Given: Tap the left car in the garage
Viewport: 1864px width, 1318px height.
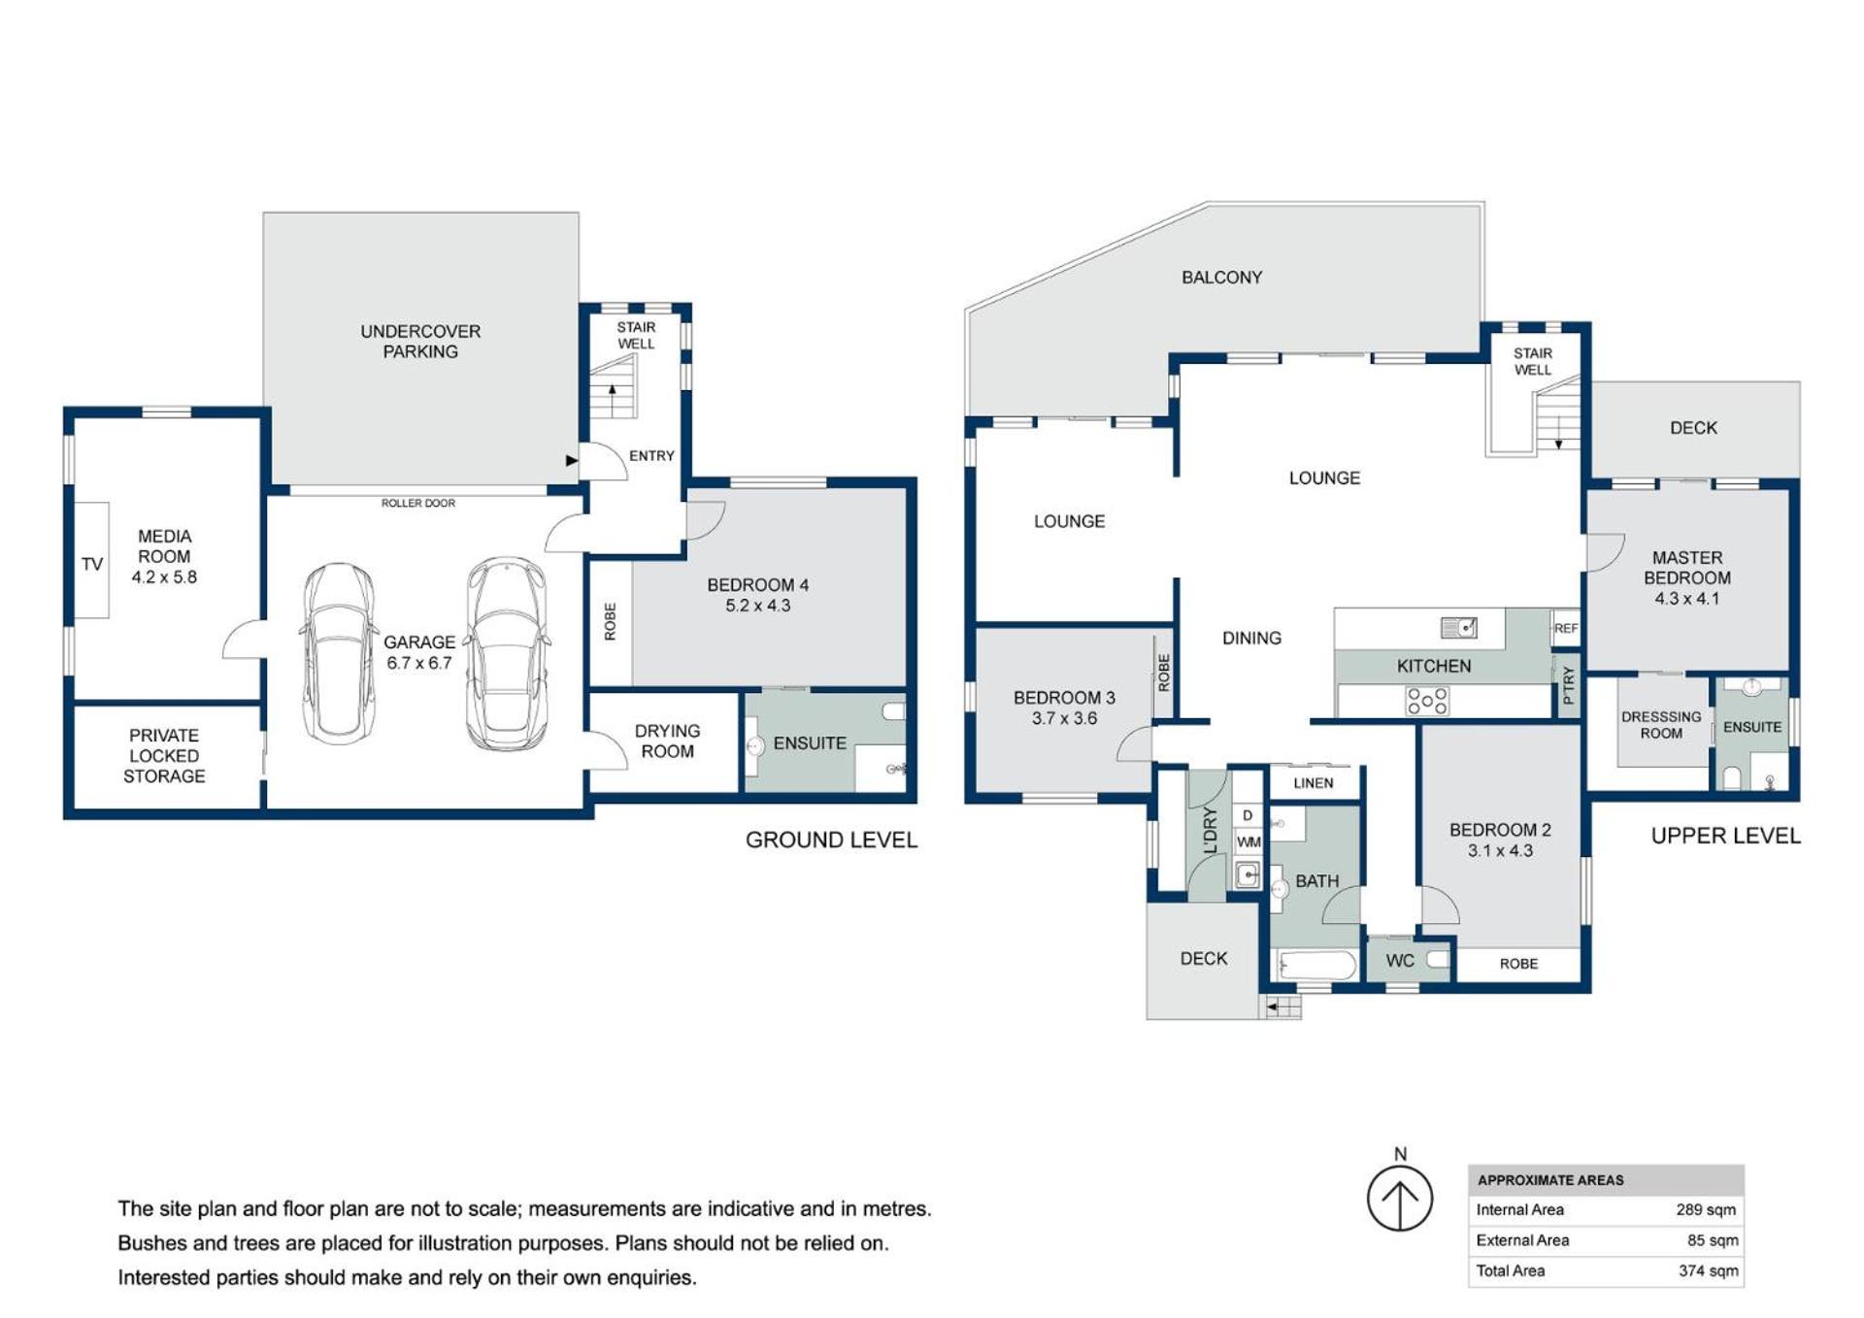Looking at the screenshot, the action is click(x=339, y=654).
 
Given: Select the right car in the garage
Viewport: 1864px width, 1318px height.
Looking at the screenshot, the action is click(x=507, y=654).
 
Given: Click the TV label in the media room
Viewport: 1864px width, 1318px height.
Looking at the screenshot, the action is click(x=92, y=564).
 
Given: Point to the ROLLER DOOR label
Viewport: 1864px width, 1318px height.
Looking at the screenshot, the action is click(x=418, y=503).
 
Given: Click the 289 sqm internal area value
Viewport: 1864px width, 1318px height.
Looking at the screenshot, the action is click(x=1706, y=1210).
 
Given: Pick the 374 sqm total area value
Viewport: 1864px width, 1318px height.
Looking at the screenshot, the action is click(x=1709, y=1271).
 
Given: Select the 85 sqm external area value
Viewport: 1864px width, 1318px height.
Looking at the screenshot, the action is click(x=1713, y=1240).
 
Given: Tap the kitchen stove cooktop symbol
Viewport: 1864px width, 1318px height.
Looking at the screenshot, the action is click(x=1427, y=701).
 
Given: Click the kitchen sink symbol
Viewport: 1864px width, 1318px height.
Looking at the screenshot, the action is click(x=1459, y=628).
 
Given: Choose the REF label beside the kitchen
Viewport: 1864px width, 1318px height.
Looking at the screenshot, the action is click(x=1566, y=628).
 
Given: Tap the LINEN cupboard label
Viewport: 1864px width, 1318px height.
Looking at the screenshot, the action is click(x=1314, y=783).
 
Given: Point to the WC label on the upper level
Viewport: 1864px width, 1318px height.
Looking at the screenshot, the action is click(x=1400, y=961).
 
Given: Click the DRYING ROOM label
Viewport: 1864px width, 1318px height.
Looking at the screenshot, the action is click(x=667, y=741).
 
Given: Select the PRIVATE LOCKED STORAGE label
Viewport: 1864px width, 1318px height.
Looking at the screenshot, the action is click(x=164, y=756).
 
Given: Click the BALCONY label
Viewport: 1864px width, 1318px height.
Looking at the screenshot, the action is click(x=1221, y=278).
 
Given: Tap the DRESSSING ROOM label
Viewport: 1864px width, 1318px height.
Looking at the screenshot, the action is click(x=1661, y=725).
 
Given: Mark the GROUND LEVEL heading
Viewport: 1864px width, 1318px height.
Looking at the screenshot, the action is click(x=831, y=840).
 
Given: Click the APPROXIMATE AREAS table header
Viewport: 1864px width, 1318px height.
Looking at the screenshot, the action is click(x=1550, y=1180).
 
